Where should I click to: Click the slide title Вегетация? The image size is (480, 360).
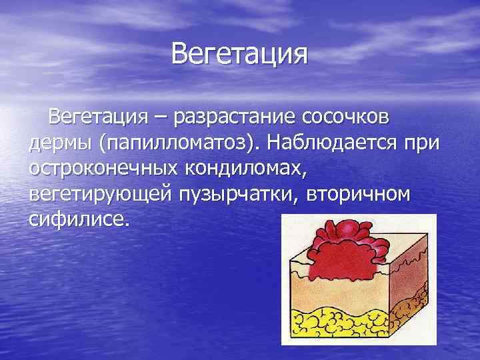click(x=239, y=54)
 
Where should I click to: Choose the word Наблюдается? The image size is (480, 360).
click(x=343, y=144)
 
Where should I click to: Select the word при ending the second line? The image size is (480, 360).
click(x=425, y=144)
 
